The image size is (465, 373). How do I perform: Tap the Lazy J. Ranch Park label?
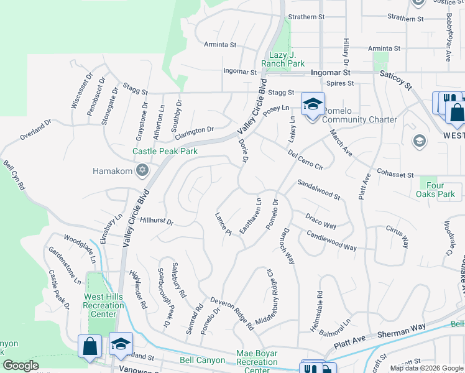287,59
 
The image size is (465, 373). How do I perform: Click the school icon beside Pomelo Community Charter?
313,104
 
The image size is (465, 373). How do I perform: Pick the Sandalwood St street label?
319,190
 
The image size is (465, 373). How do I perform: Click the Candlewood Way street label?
332,240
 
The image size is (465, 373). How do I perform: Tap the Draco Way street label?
321,221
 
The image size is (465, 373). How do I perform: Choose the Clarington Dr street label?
194,132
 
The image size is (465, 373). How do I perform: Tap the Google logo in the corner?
21,366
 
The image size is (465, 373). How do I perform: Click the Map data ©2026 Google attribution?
426,368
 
